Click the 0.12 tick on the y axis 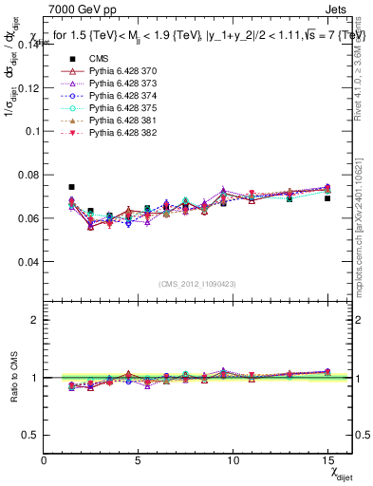(30, 87)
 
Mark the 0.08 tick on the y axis (30, 175)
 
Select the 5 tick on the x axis (139, 461)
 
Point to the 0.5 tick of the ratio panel (32, 435)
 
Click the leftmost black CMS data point (72, 187)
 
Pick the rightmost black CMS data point (327, 198)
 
